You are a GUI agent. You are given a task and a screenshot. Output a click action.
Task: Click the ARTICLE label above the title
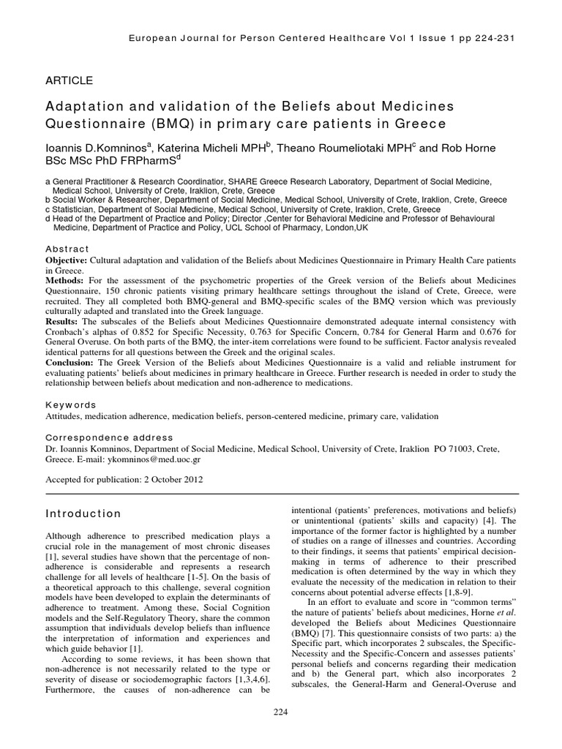70,80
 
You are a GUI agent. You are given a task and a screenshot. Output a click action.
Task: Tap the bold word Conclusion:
72,363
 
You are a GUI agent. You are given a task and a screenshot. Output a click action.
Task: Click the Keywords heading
70,404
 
